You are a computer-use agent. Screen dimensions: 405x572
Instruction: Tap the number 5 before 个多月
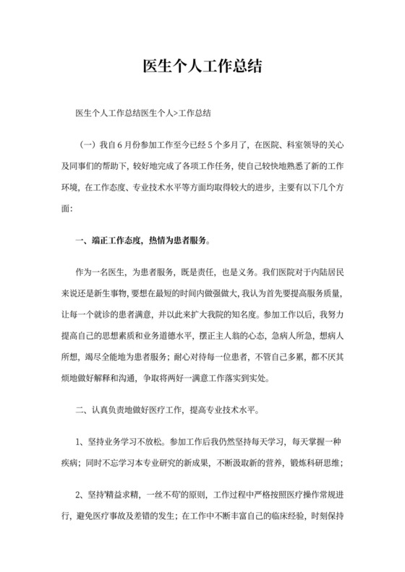216,147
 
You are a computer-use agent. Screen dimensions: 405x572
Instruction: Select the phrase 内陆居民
331,275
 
